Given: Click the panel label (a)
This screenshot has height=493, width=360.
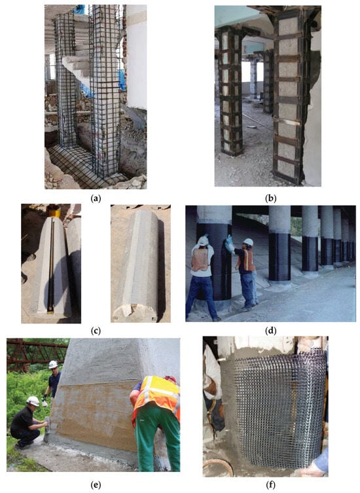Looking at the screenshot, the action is tap(96, 198).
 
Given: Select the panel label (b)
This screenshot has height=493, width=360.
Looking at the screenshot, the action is tap(271, 198).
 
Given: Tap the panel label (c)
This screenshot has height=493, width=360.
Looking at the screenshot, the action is tap(96, 331).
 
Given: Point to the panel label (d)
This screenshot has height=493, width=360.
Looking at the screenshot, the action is tap(271, 331).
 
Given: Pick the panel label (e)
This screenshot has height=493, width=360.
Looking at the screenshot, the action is tap(96, 485).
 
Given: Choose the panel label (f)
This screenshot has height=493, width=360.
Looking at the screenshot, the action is tap(271, 485).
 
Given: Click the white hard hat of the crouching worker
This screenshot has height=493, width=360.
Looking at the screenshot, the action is tap(33, 401).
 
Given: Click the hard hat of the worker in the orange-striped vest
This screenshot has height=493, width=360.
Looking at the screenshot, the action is tap(248, 242).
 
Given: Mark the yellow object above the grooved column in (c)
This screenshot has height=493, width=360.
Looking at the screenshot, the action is tap(55, 210).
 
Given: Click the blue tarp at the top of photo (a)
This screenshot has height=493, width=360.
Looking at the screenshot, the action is tap(80, 9).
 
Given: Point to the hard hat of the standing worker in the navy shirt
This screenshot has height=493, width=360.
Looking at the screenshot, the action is tap(53, 365).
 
